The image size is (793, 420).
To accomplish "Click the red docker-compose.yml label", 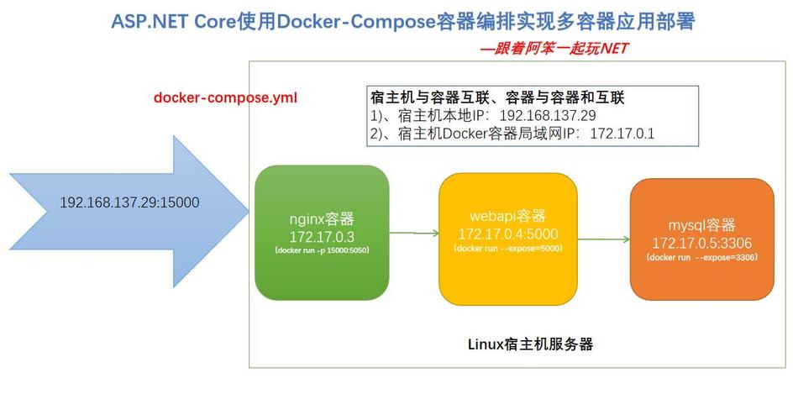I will point(225,98).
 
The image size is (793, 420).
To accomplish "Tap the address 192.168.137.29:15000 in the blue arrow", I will point(129,203).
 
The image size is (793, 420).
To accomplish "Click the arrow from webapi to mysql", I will point(604,239).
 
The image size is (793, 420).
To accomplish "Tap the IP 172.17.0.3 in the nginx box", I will point(322,237).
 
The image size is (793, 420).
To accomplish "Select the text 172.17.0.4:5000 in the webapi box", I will point(507,234).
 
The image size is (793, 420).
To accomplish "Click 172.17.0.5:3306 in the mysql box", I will point(701,243).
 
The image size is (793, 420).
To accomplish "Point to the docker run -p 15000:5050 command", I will point(322,250).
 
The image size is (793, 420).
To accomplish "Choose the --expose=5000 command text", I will point(507,249).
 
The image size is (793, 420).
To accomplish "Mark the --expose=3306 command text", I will point(701,257).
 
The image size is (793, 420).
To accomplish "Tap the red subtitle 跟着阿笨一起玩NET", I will point(554,49).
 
